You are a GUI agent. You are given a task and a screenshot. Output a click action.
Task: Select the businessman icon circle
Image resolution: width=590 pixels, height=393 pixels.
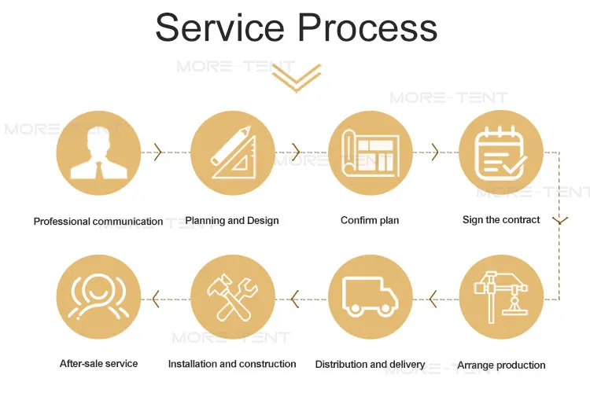(99, 152)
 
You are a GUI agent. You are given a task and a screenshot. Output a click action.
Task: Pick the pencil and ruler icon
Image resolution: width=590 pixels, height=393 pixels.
(233, 152)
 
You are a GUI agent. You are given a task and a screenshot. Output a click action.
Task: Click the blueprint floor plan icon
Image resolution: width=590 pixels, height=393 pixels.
(370, 152)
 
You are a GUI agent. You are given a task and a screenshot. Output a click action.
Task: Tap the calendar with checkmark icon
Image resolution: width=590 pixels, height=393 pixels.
(501, 152)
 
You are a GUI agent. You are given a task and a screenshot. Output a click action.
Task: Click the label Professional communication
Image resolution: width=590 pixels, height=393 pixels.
(98, 222)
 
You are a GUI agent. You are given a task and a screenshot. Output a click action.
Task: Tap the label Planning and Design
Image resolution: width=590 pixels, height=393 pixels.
(232, 220)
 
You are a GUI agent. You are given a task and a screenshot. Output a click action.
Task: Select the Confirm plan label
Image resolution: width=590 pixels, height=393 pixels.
(370, 220)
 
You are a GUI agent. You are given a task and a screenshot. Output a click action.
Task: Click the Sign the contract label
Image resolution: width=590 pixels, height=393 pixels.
(501, 219)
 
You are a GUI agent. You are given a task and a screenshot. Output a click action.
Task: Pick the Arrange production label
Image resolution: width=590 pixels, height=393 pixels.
(501, 365)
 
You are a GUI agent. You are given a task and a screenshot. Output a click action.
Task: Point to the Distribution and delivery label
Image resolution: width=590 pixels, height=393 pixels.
(370, 364)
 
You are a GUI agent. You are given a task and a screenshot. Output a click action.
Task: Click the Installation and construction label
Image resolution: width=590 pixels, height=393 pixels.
(232, 364)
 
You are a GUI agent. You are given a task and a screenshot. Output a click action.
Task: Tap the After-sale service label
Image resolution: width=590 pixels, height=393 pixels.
(99, 363)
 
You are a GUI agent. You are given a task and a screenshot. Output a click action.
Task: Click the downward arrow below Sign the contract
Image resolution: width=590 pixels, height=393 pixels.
(559, 221)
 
